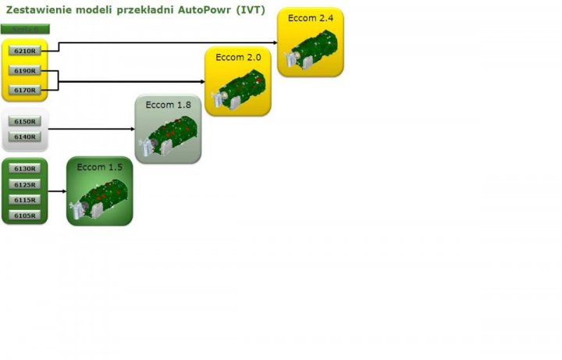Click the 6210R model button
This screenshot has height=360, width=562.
coord(25,51)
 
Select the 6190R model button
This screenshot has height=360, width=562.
coord(25,71)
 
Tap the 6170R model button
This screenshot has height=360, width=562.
coord(25,91)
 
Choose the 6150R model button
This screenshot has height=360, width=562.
coord(25,122)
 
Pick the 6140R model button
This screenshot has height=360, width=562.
coord(25,137)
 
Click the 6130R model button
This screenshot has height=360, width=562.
coord(25,169)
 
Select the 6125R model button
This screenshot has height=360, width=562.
coord(25,184)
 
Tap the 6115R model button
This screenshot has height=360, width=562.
coord(25,200)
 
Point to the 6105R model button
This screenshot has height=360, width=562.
coord(25,216)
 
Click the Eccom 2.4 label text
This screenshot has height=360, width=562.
coord(310,18)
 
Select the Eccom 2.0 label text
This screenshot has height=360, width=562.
coord(238,57)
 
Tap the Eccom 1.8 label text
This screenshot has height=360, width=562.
coord(168,105)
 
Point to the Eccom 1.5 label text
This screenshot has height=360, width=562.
coord(99,167)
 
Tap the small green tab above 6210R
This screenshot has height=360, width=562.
coord(25,29)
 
